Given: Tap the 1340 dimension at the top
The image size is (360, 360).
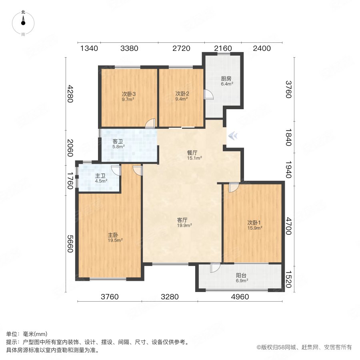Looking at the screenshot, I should point(89,48).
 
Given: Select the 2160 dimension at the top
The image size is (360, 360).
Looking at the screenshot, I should point(222,48).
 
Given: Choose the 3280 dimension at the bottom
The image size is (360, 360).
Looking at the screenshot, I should point(170,297).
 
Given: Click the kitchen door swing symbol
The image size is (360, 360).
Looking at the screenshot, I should point(209,94).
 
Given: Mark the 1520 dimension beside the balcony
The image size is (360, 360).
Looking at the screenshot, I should point(289,279).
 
